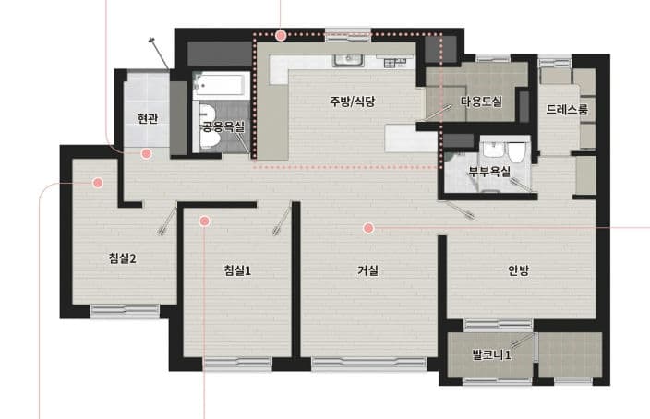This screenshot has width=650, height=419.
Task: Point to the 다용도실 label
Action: point(480,102)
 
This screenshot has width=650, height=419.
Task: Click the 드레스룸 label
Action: point(566,109)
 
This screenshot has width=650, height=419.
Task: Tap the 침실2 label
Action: point(122,258)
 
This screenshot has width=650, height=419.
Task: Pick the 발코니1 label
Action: point(491,353)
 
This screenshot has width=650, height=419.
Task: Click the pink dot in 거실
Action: point(368,227)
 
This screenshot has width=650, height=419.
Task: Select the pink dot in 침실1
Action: point(205,221)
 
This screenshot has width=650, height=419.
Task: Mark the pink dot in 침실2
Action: point(97,184)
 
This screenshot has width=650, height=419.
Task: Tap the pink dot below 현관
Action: point(146,153)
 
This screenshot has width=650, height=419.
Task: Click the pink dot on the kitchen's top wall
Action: point(281,36)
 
